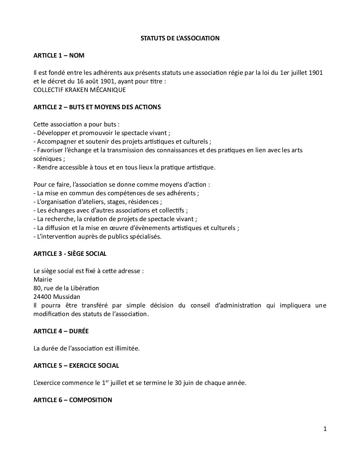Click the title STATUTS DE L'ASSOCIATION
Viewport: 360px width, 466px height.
point(180,38)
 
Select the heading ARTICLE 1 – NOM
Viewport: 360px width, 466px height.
point(59,56)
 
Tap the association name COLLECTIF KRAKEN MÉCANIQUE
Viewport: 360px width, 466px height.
point(79,90)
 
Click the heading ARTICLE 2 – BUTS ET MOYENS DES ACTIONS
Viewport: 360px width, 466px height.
point(97,107)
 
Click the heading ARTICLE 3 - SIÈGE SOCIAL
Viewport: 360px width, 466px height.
point(70,254)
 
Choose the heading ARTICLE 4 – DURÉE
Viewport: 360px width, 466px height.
point(61,331)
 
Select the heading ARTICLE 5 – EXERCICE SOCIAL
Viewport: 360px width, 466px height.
point(76,366)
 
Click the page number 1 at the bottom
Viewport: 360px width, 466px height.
point(325,429)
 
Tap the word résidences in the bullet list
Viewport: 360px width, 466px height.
point(145,202)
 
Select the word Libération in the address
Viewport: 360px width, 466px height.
point(85,288)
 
